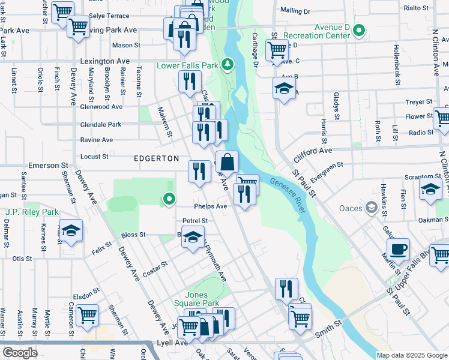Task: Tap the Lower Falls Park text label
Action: click(x=187, y=65)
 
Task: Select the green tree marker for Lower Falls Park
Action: click(x=227, y=64)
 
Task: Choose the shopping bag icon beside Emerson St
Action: click(x=228, y=162)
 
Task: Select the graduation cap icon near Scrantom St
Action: click(x=430, y=189)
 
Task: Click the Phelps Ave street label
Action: click(x=213, y=206)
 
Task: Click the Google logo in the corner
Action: click(x=20, y=353)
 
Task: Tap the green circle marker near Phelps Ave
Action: click(x=170, y=199)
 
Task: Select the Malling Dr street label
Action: click(x=295, y=11)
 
